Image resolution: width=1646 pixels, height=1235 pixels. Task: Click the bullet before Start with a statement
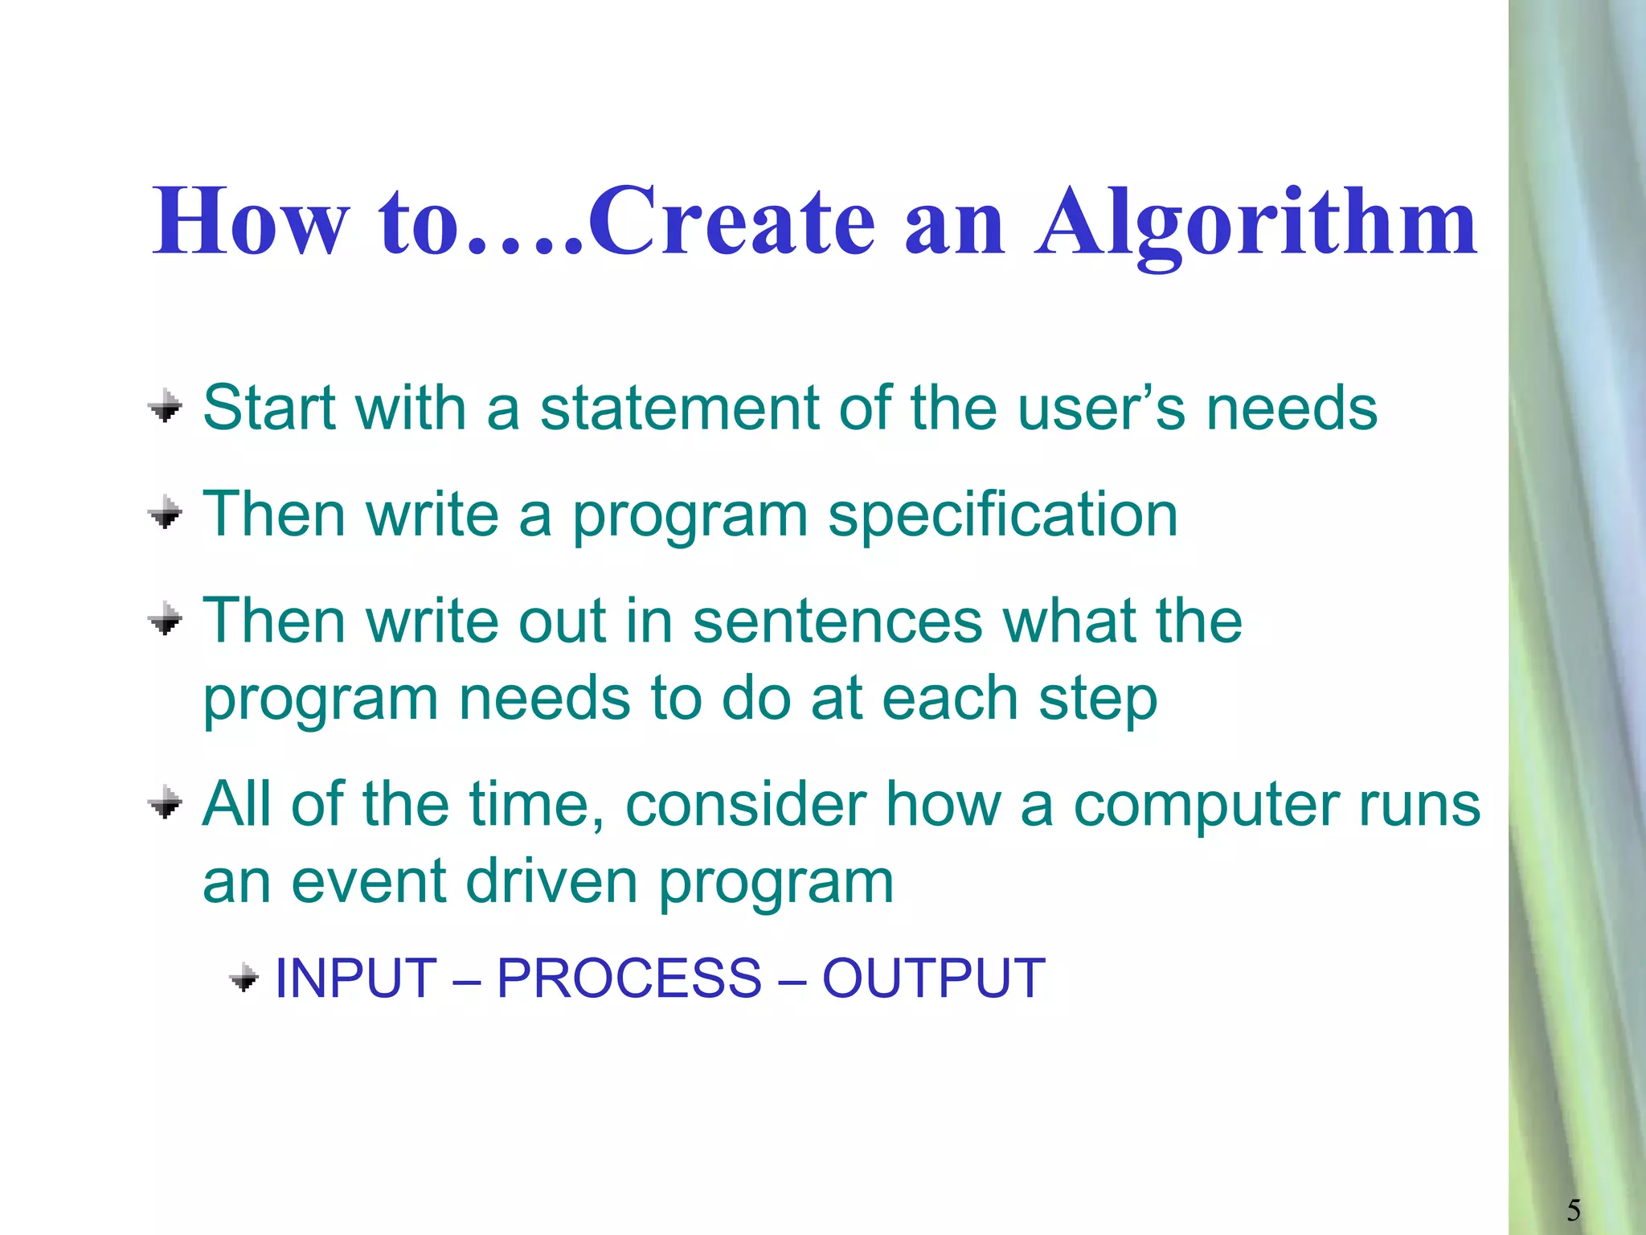[x=166, y=406]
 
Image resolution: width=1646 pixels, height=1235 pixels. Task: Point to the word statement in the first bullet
[x=680, y=408]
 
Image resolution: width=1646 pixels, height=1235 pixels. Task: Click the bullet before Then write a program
[x=166, y=512]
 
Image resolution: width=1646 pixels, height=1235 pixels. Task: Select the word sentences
[x=837, y=621]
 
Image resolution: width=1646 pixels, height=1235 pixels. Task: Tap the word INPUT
[x=355, y=979]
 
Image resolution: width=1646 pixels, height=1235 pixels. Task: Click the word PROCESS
[x=629, y=979]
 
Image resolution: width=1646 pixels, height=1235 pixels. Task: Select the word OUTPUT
[x=933, y=979]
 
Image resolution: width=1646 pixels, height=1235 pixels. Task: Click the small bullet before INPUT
[x=244, y=979]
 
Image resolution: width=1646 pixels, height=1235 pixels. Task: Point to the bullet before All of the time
[x=166, y=802]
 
